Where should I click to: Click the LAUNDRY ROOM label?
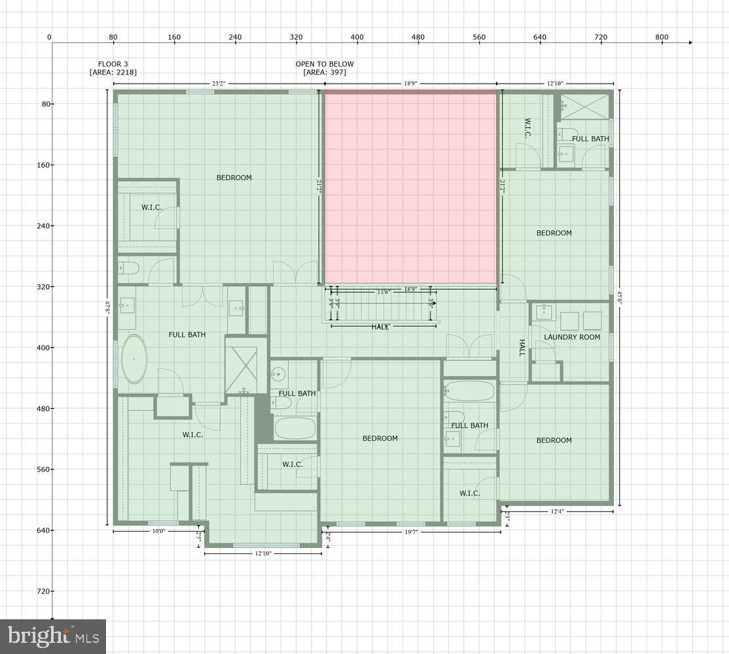click(571, 337)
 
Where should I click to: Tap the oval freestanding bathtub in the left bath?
click(134, 358)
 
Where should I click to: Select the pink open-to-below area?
click(411, 187)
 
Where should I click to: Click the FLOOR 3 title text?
click(113, 64)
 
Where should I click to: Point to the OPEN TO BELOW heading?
click(325, 64)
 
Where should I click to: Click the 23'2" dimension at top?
click(219, 84)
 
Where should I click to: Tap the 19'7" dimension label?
click(410, 532)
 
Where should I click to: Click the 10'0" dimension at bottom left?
click(158, 531)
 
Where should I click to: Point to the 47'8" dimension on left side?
click(108, 307)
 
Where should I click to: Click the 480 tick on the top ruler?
click(418, 37)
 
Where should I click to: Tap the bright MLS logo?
click(53, 636)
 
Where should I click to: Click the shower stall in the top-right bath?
click(584, 106)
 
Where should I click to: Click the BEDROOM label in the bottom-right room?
click(554, 440)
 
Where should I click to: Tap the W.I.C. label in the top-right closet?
click(526, 128)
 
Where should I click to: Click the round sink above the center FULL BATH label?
click(278, 375)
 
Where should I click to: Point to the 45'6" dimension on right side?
click(619, 298)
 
